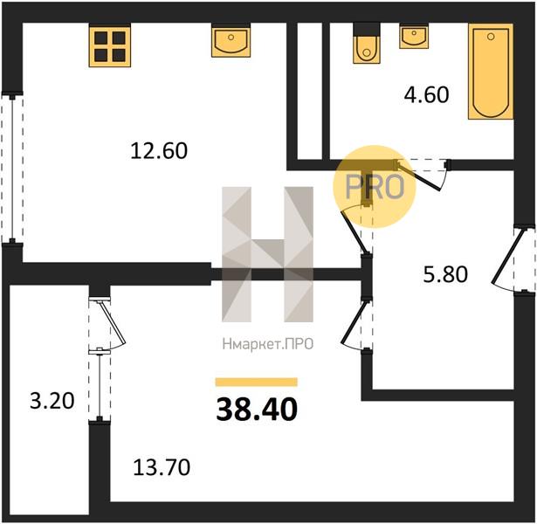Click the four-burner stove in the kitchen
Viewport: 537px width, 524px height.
[110, 46]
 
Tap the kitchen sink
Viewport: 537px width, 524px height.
[231, 41]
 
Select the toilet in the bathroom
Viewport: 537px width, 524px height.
[367, 45]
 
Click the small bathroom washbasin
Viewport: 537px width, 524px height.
[414, 37]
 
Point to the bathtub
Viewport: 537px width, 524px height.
[491, 72]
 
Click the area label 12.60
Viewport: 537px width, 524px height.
[159, 151]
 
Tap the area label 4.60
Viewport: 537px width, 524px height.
[426, 95]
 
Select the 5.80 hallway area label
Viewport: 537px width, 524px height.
[445, 274]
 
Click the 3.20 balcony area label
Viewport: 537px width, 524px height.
[52, 401]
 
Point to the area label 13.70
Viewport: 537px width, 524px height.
[162, 467]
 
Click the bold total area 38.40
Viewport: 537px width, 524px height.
[257, 410]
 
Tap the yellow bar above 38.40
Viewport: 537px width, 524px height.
[256, 382]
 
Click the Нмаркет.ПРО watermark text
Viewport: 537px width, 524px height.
[268, 344]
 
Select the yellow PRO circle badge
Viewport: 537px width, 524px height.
[375, 187]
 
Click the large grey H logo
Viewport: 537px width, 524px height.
[267, 254]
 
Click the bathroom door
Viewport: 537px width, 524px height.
[422, 174]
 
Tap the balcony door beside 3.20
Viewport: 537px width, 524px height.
[107, 324]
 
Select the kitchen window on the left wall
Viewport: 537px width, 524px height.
[12, 169]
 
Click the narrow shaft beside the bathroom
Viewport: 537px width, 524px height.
[310, 91]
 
